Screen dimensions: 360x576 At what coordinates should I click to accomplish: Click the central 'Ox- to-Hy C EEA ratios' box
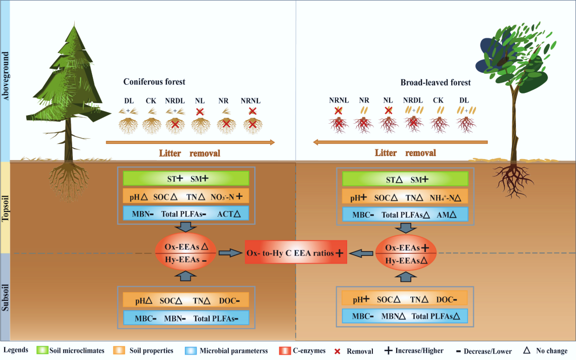coord(296,252)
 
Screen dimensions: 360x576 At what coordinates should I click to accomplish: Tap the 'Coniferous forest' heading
coord(154,82)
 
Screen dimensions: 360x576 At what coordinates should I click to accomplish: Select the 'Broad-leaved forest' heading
coord(435,82)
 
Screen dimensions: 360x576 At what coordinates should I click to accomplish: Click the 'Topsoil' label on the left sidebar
coord(6,207)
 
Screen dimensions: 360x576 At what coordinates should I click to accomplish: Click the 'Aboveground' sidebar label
coord(6,81)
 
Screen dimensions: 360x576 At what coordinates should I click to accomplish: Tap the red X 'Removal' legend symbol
coord(338,351)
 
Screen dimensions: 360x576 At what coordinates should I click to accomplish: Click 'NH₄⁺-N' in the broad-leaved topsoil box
coord(444,196)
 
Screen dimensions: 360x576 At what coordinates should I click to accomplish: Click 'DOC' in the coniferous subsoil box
coord(227,300)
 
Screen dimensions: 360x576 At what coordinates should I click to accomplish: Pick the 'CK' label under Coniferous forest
coord(151,100)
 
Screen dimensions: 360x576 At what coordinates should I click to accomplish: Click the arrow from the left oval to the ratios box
coord(230,253)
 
